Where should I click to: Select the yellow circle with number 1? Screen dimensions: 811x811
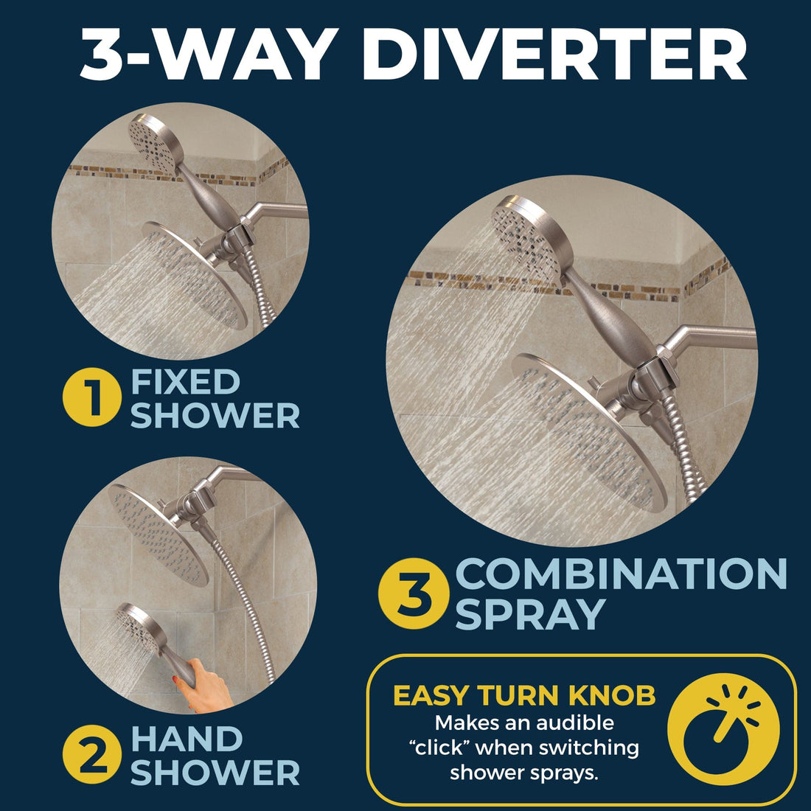click(x=91, y=399)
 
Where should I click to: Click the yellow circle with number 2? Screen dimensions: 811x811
click(x=91, y=756)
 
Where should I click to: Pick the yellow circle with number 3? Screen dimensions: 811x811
click(x=414, y=595)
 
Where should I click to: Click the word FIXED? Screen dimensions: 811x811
click(x=185, y=382)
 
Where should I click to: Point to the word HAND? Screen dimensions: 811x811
click(x=187, y=739)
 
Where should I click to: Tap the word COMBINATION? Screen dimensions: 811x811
click(x=622, y=574)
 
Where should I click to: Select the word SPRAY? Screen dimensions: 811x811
click(x=529, y=614)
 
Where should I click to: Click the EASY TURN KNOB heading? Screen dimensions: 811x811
click(x=524, y=695)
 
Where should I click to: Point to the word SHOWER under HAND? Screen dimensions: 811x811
click(x=215, y=773)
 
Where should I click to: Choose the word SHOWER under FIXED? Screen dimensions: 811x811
click(x=215, y=415)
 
